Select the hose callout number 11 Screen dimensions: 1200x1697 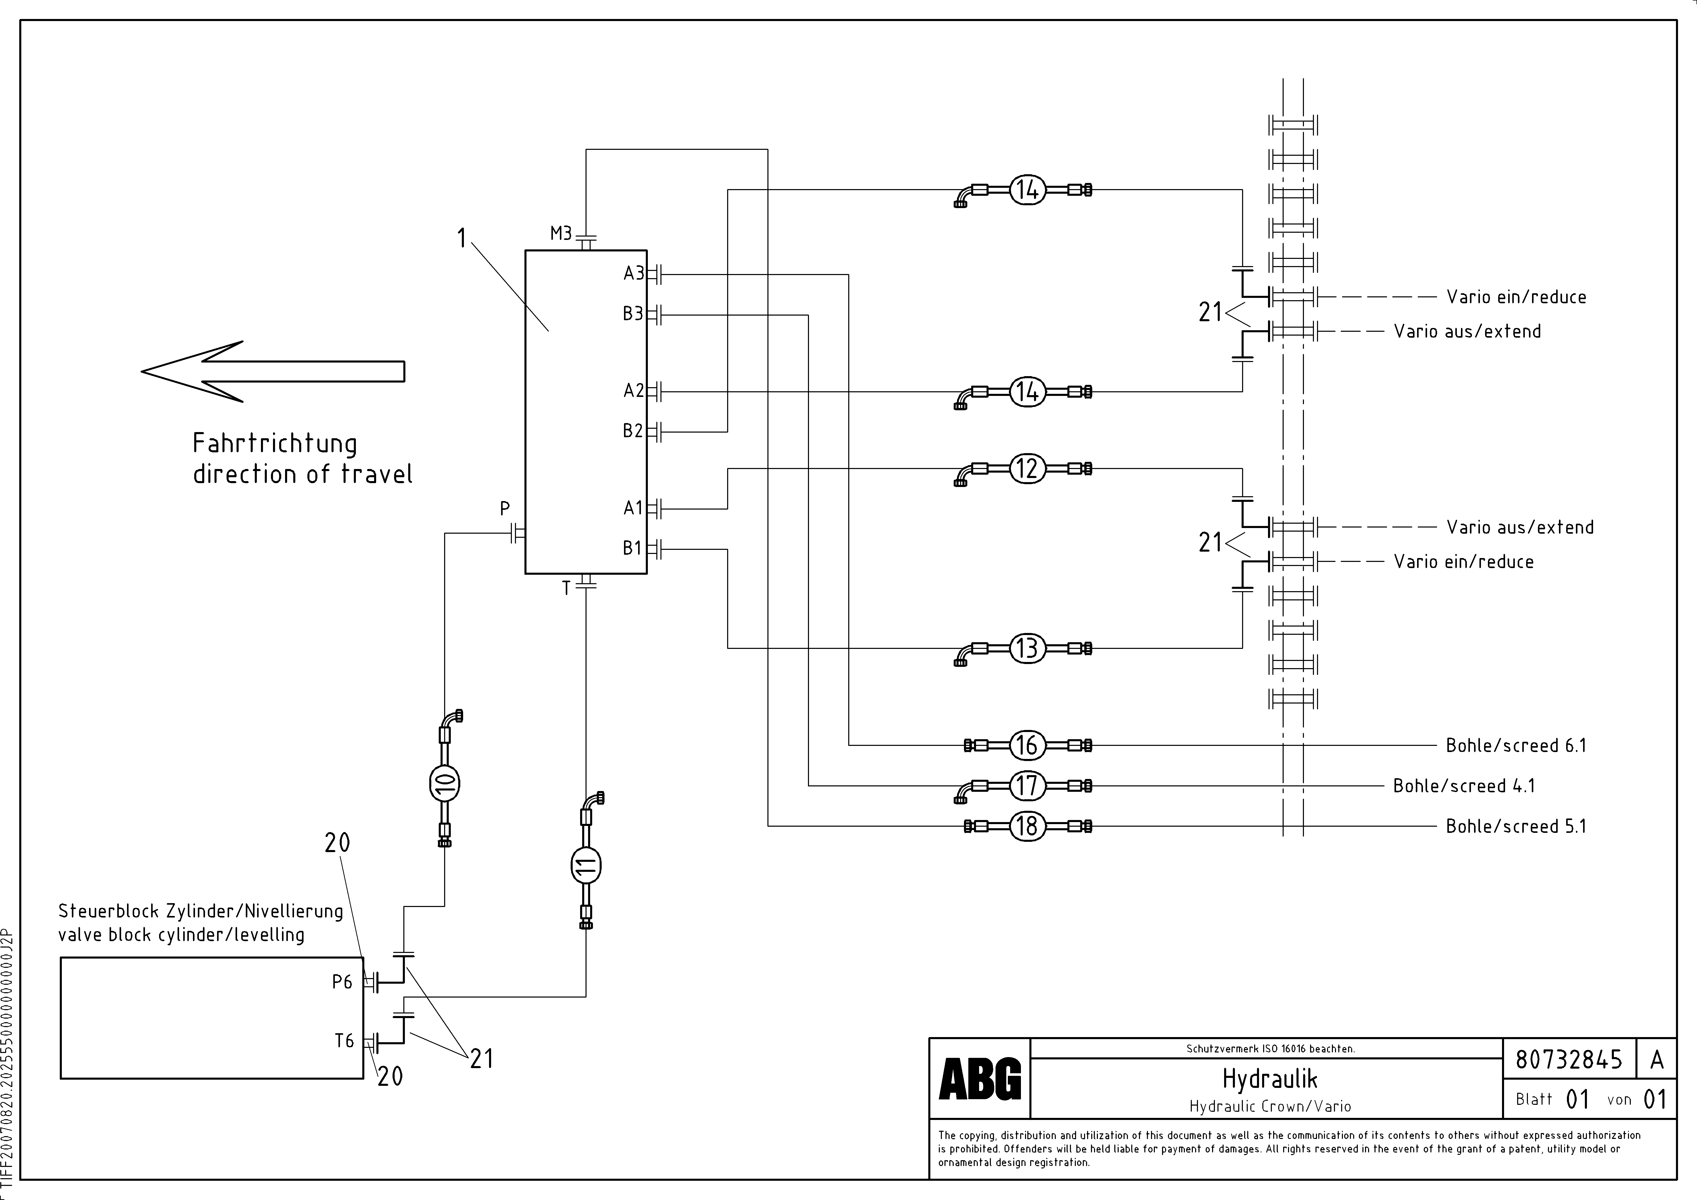(586, 865)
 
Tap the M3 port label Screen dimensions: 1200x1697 (561, 234)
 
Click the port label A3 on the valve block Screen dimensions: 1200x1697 (633, 274)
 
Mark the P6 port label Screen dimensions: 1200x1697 (342, 982)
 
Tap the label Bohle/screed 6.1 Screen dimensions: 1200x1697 (1516, 746)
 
